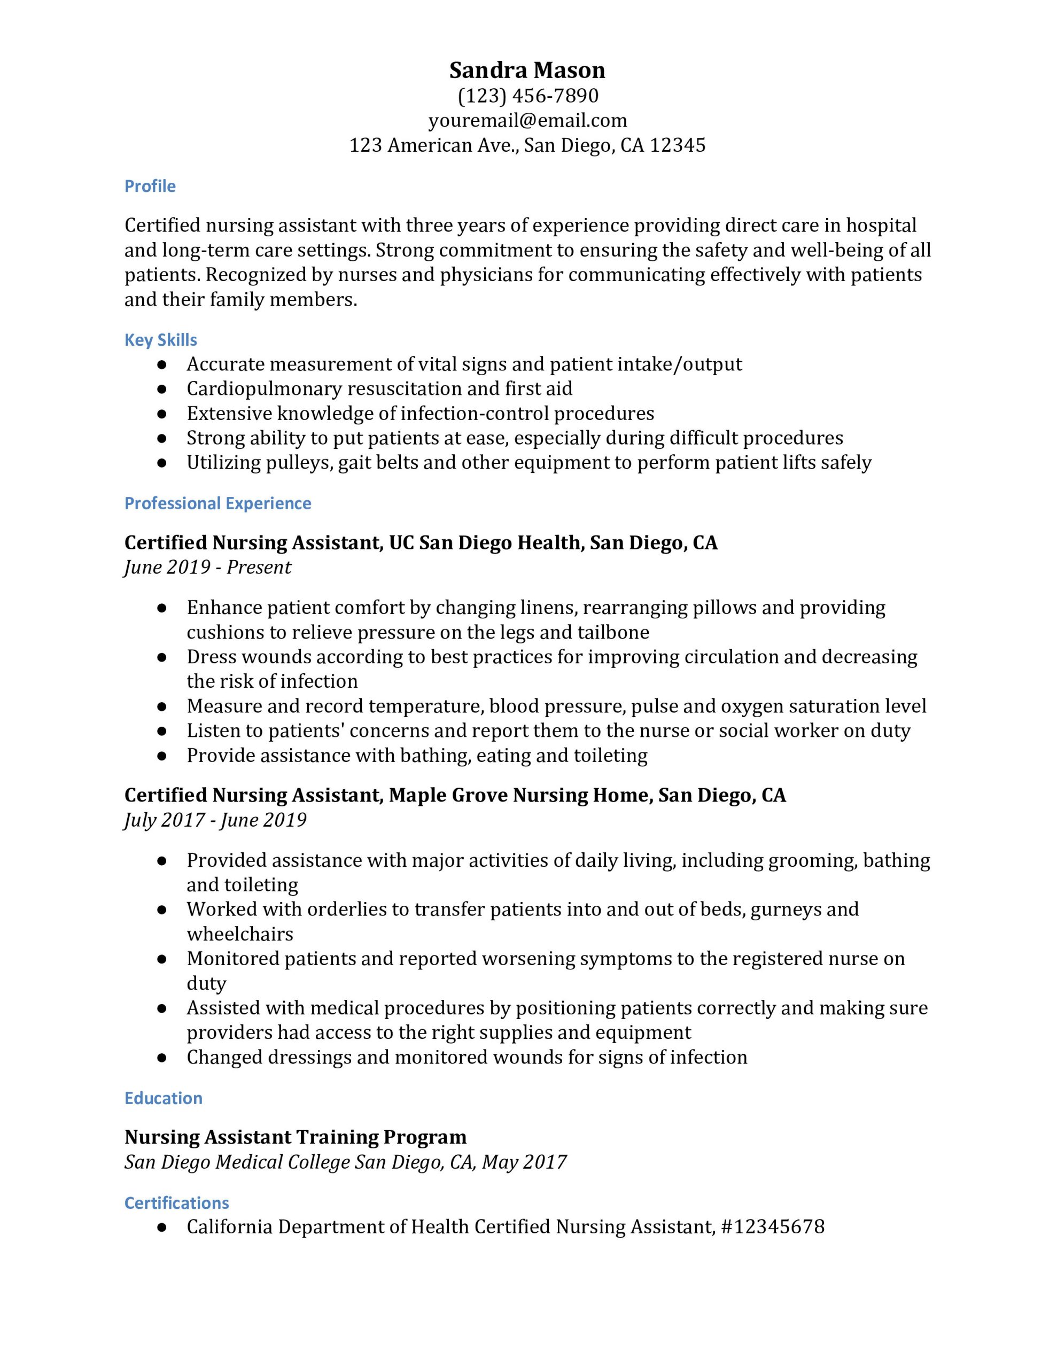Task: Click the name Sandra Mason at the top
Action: click(x=527, y=70)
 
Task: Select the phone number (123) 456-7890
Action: click(x=527, y=95)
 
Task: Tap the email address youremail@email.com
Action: click(x=527, y=120)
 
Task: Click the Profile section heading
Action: click(x=150, y=186)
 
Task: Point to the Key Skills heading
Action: click(x=160, y=339)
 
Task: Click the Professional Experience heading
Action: click(x=217, y=503)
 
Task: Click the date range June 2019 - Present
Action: click(x=207, y=568)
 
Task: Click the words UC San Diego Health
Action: click(x=486, y=542)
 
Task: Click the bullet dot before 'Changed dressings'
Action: click(x=162, y=1058)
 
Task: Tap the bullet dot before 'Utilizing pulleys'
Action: click(x=162, y=463)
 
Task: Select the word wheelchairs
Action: click(x=239, y=934)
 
